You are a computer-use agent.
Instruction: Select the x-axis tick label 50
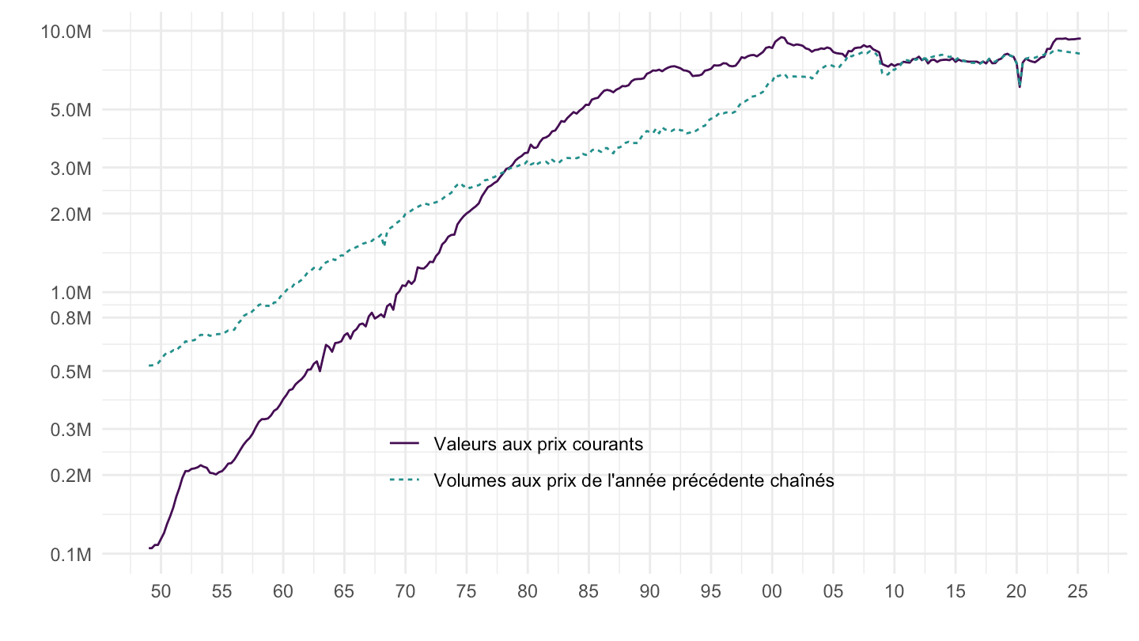tap(161, 590)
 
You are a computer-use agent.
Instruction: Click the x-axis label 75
tap(467, 590)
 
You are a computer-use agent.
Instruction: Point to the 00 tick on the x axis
tap(772, 590)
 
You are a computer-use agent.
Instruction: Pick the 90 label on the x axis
tap(650, 590)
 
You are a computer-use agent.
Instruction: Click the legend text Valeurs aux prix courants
tap(538, 444)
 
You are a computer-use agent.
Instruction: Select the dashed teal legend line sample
tap(405, 480)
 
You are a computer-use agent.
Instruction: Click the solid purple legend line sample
tap(405, 444)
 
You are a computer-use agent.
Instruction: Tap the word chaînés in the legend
tap(803, 480)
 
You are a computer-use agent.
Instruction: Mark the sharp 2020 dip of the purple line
tap(1020, 85)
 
